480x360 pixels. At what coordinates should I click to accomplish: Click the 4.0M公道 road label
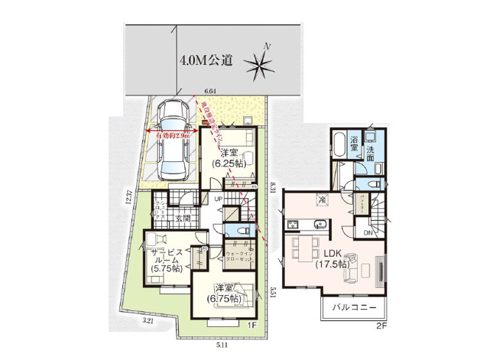[206, 61]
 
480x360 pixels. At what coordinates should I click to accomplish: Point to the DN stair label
[367, 233]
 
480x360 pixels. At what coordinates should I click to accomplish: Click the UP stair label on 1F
[219, 200]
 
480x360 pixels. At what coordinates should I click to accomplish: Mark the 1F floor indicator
[252, 324]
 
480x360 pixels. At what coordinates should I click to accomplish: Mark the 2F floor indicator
[381, 324]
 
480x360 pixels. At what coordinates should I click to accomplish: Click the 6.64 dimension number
[210, 91]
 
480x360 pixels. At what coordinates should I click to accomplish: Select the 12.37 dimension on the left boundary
[129, 198]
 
